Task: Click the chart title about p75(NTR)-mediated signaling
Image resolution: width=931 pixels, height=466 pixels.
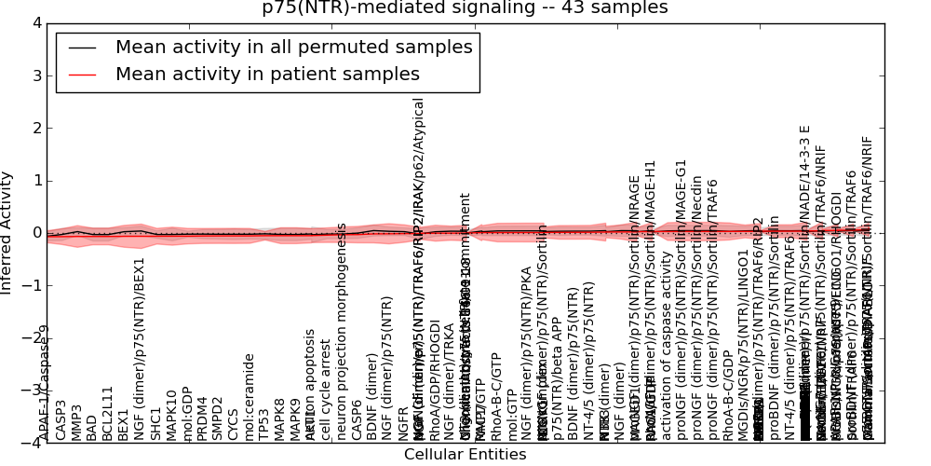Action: point(465,7)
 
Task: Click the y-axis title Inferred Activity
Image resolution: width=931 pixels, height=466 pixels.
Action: point(7,232)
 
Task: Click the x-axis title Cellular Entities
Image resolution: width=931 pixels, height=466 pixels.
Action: point(465,455)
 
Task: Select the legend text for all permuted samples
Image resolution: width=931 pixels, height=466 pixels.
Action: point(293,48)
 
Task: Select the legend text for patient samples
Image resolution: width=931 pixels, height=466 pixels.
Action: point(267,75)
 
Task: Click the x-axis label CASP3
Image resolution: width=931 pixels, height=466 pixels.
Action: point(61,420)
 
